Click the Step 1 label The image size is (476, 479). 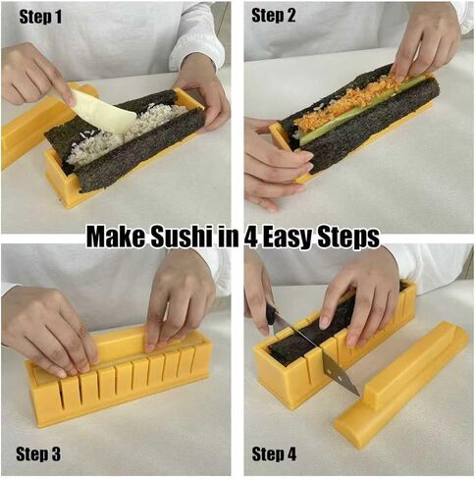(x=35, y=16)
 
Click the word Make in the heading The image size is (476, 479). (x=116, y=237)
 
